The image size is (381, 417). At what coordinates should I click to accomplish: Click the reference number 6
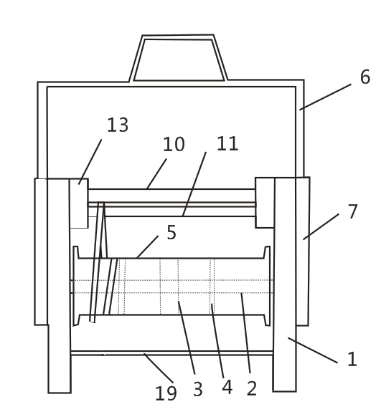point(365,77)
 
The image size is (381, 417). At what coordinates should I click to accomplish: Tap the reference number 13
point(118,125)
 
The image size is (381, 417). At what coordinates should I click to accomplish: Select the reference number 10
point(174,144)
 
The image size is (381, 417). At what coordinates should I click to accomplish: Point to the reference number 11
point(227,143)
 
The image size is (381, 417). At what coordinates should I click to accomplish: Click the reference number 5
point(171,232)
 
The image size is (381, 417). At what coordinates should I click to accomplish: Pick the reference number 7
point(353,211)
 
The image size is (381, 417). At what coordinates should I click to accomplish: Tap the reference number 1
point(352,359)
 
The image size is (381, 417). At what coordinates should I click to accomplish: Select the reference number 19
point(166,393)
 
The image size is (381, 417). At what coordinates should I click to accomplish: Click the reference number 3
point(198,389)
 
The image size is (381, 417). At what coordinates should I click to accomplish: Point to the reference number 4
point(227,387)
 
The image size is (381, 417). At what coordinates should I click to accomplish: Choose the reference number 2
point(252,388)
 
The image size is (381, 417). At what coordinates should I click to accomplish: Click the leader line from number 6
point(325,97)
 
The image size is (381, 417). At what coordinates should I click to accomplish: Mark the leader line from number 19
point(159,368)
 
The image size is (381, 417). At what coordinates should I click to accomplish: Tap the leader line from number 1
point(313,350)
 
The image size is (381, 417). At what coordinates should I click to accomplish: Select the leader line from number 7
point(321,226)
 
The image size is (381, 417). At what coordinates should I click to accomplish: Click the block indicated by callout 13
point(79,203)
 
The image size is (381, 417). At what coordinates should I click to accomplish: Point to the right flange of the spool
point(268,286)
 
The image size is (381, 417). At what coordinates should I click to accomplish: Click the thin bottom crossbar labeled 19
point(172,353)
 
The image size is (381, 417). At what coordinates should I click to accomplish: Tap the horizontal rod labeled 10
point(171,196)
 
